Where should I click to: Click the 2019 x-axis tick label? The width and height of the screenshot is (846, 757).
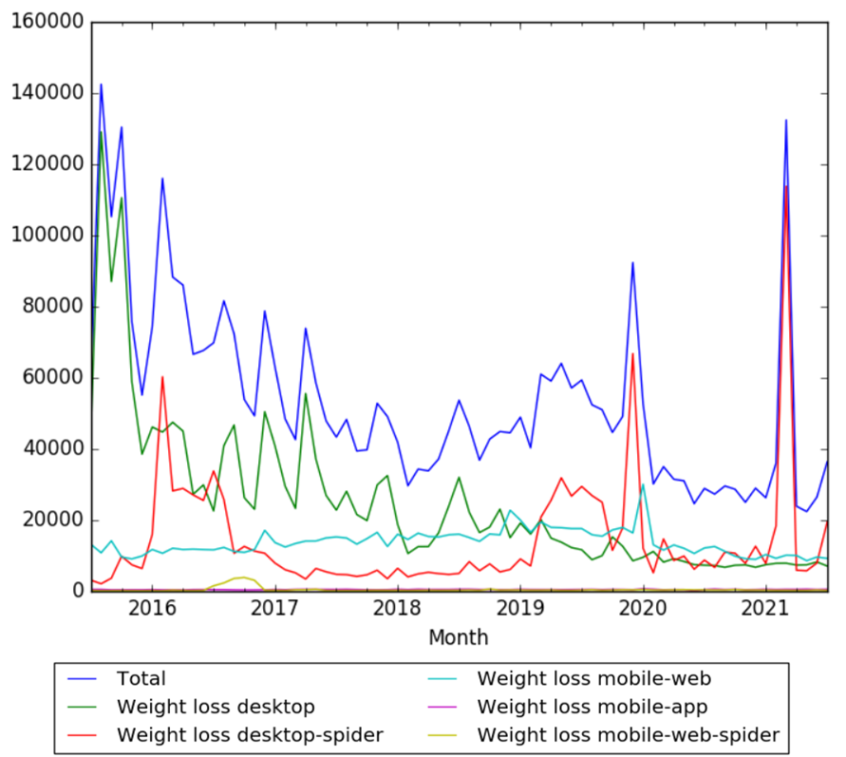coord(520,608)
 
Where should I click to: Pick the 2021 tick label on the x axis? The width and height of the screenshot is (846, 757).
coord(766,608)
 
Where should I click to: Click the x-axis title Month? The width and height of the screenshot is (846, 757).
coord(459,636)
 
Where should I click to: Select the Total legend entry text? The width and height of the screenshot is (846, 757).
coord(141,678)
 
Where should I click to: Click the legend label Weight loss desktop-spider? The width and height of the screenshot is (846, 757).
coord(250,734)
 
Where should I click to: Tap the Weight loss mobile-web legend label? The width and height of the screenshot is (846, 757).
coord(593,678)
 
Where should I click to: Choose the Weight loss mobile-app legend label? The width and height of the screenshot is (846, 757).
coord(592,706)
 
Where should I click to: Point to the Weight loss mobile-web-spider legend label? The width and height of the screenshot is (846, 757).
coord(628,734)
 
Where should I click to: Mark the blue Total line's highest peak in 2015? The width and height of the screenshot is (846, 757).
coord(102,85)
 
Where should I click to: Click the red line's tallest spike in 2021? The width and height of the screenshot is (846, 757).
coord(786,186)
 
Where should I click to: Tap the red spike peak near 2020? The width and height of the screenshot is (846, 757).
coord(632,354)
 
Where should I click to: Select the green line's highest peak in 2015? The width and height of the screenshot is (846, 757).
coord(102,132)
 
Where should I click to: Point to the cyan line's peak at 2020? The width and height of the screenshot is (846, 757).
coord(643,484)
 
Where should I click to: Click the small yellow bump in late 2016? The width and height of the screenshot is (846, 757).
coord(244,577)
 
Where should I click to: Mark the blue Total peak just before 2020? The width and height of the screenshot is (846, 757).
coord(632,263)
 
